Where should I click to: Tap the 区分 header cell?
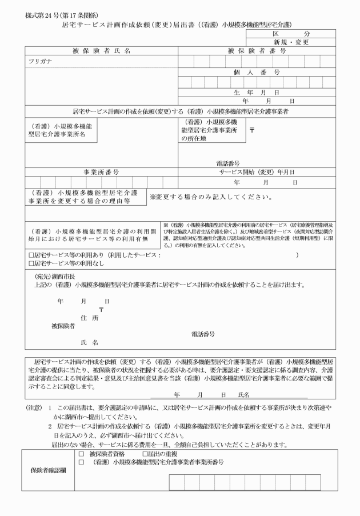coord(291,35)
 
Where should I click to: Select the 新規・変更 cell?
coord(291,43)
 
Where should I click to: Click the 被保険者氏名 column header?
coord(101,51)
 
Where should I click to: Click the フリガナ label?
coord(41,60)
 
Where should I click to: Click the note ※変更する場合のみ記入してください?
coord(210,198)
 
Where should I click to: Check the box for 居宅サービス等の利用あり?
coord(32,255)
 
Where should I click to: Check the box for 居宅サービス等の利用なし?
coord(32,263)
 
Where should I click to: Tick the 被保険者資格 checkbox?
coord(81,454)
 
